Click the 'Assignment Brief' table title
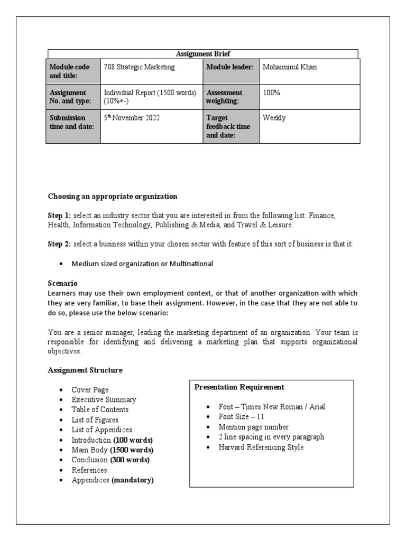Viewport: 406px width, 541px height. click(x=203, y=54)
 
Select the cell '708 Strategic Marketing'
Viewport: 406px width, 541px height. click(x=140, y=68)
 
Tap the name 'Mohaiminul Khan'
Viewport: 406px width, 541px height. click(x=290, y=68)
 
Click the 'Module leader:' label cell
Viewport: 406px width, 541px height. click(x=230, y=68)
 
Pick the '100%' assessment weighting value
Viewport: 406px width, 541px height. click(x=271, y=93)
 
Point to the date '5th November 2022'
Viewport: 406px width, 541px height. click(x=132, y=118)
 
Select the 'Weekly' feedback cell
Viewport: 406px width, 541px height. click(x=274, y=118)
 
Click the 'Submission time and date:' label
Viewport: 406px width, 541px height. click(x=72, y=122)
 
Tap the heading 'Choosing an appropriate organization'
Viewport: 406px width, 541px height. click(x=113, y=197)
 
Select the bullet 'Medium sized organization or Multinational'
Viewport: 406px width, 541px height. click(x=142, y=264)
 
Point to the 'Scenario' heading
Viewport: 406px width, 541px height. click(x=62, y=283)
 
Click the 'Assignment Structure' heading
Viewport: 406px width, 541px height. click(x=85, y=370)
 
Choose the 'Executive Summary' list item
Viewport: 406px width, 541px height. click(x=104, y=400)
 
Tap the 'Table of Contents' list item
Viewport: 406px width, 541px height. click(x=100, y=409)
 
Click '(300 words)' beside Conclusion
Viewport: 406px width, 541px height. click(x=130, y=460)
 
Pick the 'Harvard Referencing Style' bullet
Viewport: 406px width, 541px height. click(x=261, y=447)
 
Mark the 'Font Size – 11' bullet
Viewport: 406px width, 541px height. click(x=241, y=417)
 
